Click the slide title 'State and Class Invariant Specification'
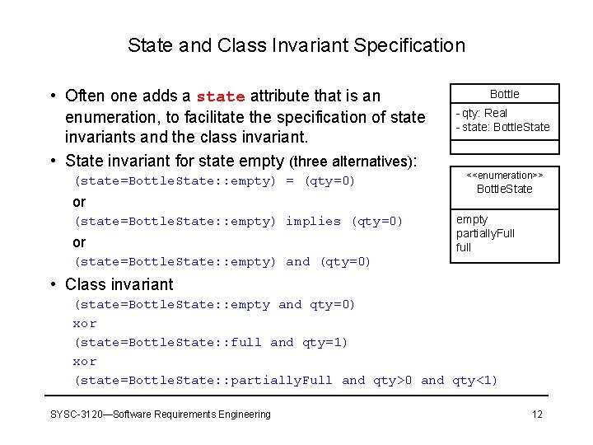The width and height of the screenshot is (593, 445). pyautogui.click(x=296, y=45)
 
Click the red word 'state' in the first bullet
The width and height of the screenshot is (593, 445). pyautogui.click(x=222, y=97)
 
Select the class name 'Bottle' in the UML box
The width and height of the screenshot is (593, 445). pyautogui.click(x=504, y=94)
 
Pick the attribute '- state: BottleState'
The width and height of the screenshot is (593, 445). pyautogui.click(x=502, y=127)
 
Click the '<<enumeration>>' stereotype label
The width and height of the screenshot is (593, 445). pyautogui.click(x=505, y=176)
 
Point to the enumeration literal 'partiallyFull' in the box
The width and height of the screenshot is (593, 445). pyautogui.click(x=485, y=233)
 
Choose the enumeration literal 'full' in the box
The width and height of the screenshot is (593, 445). pyautogui.click(x=464, y=247)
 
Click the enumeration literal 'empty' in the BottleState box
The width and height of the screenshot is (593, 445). pyautogui.click(x=472, y=219)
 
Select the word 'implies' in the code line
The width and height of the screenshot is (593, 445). pyautogui.click(x=313, y=221)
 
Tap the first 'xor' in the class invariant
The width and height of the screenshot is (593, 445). pyautogui.click(x=85, y=324)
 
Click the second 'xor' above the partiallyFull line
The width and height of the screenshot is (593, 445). pyautogui.click(x=85, y=362)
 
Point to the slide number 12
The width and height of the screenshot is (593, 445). pyautogui.click(x=537, y=414)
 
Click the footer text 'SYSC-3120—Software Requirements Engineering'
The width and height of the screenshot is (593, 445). pyautogui.click(x=160, y=414)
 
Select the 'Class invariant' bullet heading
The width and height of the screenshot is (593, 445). pyautogui.click(x=119, y=284)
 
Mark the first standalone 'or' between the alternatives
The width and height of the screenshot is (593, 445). pyautogui.click(x=79, y=202)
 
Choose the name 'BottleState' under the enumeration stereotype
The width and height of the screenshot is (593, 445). pyautogui.click(x=505, y=189)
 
